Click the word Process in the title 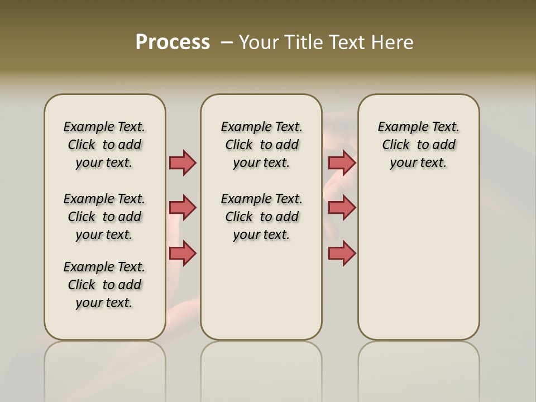coord(173,42)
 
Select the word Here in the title coord(393,42)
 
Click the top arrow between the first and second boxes coord(183,162)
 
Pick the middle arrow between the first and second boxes coord(183,208)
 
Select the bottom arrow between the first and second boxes coord(183,253)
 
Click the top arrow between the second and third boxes coord(342,162)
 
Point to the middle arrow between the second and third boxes coord(342,208)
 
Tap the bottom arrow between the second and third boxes coord(342,253)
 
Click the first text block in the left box coord(104,145)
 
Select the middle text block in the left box coord(104,217)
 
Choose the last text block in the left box coord(104,285)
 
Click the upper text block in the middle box coord(261,145)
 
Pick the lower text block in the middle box coord(261,217)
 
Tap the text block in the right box coord(418,145)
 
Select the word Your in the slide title coord(259,42)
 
